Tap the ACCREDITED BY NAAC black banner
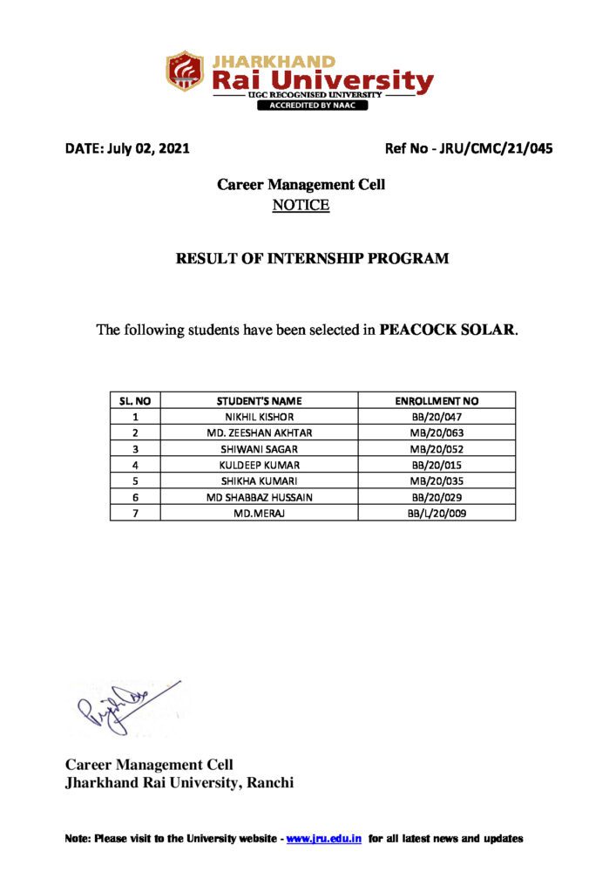311,106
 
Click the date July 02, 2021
126,148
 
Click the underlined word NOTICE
301,205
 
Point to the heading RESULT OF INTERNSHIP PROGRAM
313,259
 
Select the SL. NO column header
135,401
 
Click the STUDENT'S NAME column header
260,401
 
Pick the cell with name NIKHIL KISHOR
260,417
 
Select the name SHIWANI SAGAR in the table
260,448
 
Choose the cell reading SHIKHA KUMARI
260,480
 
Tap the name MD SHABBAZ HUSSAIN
260,497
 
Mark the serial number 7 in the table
135,513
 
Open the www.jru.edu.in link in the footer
324,839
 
